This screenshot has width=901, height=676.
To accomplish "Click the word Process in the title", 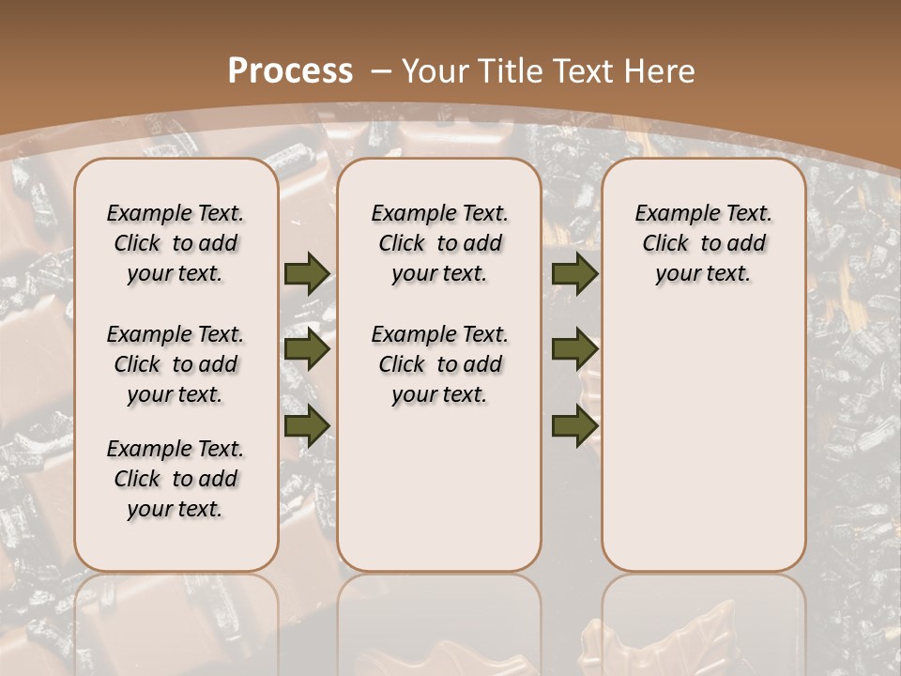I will point(290,70).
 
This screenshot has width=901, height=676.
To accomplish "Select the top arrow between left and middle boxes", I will point(307,273).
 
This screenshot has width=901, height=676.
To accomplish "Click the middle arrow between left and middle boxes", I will point(307,349).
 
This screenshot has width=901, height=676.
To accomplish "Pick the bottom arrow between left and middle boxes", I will point(307,425).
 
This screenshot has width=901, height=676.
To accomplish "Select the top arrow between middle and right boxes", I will point(574,273).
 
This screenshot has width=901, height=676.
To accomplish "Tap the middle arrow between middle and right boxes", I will point(574,349).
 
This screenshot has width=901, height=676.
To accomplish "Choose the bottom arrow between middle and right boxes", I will point(574,425).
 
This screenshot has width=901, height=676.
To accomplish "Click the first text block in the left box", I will point(176,243).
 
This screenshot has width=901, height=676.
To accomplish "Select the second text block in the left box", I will point(176,364).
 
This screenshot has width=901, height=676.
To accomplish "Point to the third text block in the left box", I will point(176,479).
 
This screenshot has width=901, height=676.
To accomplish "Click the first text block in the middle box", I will point(439,243).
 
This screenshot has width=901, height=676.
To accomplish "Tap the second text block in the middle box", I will point(439,364).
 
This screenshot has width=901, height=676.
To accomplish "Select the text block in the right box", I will point(703,243).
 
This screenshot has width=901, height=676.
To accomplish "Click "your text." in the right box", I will point(703,274).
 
